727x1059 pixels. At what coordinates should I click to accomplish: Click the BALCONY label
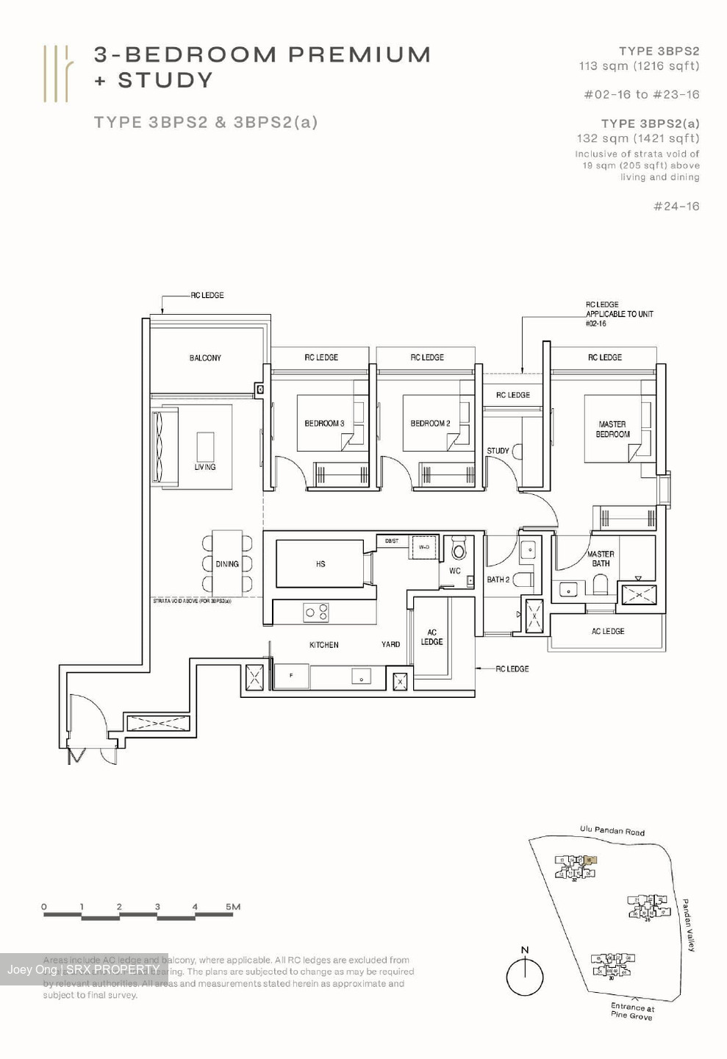click(205, 358)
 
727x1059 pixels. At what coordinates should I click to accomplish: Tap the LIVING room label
click(205, 467)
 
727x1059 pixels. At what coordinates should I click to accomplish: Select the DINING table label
click(227, 564)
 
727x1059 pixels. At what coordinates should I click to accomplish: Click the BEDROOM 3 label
click(324, 424)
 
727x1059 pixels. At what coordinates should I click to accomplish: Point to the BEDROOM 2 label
click(430, 424)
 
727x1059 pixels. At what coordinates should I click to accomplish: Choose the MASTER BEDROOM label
click(612, 429)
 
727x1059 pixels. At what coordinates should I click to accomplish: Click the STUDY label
click(498, 451)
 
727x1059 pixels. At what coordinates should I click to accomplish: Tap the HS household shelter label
click(320, 564)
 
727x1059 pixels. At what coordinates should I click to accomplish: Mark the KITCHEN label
click(323, 645)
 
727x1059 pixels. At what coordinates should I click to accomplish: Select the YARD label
click(390, 645)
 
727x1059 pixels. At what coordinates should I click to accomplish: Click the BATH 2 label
click(498, 580)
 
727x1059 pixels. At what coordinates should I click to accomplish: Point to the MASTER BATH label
click(601, 559)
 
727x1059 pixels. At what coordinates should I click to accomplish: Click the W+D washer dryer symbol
click(423, 547)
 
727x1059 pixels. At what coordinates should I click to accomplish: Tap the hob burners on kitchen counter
click(317, 612)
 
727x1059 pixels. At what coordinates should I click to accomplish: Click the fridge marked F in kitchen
click(291, 675)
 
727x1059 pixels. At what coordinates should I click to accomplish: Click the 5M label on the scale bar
click(233, 907)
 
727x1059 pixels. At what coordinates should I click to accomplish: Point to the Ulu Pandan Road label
click(612, 831)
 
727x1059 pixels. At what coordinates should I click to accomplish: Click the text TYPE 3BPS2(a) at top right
click(650, 124)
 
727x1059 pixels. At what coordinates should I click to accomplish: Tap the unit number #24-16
click(676, 207)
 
